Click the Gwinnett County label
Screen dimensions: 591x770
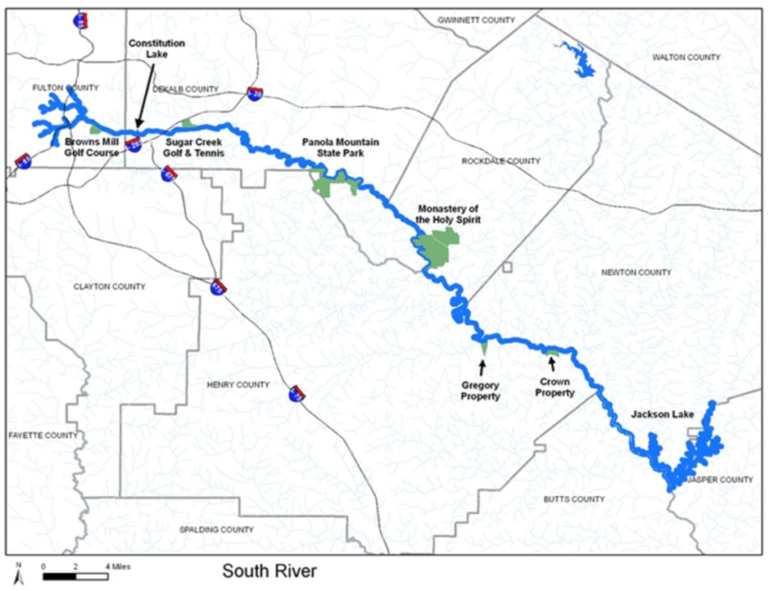coord(476,20)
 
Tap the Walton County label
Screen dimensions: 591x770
coord(686,58)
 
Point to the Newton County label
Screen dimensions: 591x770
coord(636,273)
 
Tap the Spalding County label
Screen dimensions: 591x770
coord(217,530)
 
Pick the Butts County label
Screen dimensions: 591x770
coord(574,499)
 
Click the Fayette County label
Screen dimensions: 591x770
coord(43,436)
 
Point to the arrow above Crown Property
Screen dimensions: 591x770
coord(552,364)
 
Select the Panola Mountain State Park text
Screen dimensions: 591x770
coord(340,147)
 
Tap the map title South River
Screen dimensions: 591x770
coord(269,572)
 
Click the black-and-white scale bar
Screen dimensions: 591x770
coord(75,576)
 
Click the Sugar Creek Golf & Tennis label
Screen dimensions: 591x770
coord(194,147)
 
